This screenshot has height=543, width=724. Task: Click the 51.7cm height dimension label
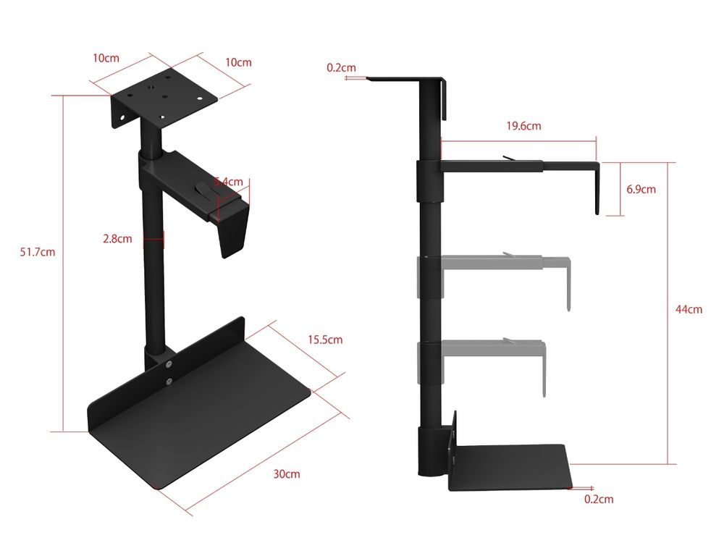tap(38, 252)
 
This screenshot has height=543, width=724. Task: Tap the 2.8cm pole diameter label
tap(117, 239)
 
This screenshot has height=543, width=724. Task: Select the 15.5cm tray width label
tap(325, 340)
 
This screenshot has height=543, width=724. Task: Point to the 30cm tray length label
tap(286, 474)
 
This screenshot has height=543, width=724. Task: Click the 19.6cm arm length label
tap(523, 126)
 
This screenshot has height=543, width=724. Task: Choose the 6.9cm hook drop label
tap(641, 189)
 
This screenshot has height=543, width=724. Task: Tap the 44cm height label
tap(689, 309)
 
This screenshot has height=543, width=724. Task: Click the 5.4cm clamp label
tap(229, 182)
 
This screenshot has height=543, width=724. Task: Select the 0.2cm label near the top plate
tap(341, 68)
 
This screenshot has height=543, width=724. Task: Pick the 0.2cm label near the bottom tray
tap(599, 499)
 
